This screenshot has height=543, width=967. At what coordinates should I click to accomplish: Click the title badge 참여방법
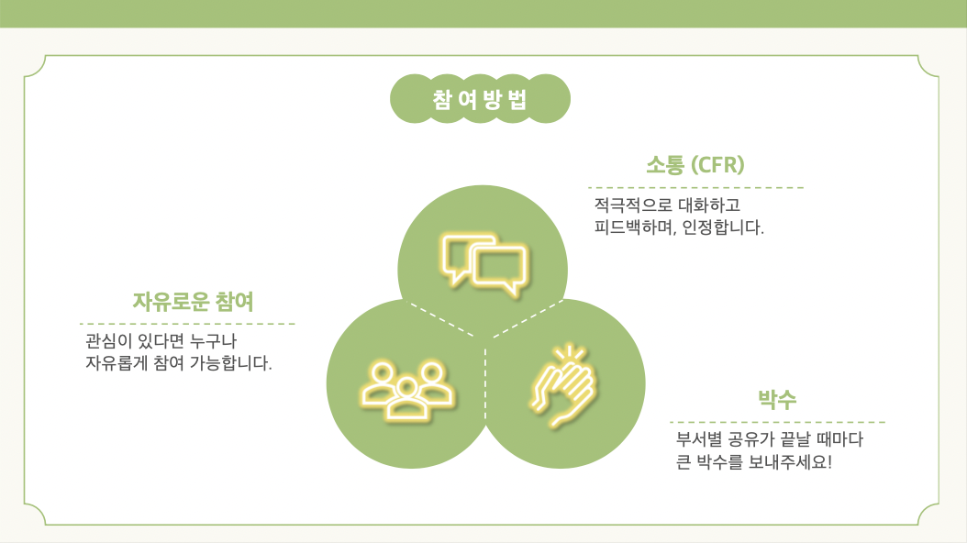(x=480, y=99)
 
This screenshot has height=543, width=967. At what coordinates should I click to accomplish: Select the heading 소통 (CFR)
(x=695, y=165)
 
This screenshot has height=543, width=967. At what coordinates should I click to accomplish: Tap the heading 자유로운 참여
(x=193, y=302)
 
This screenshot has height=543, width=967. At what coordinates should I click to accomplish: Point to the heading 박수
(x=777, y=399)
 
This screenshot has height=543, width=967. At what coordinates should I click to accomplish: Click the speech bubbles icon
(x=484, y=266)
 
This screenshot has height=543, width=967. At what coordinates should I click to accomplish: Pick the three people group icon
(x=407, y=391)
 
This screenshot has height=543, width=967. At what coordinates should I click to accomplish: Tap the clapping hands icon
(x=564, y=386)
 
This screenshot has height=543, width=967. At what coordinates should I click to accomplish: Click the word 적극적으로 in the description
(x=633, y=205)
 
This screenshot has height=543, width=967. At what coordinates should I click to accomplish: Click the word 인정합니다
(x=723, y=227)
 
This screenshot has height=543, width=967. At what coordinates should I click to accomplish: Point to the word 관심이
(x=109, y=341)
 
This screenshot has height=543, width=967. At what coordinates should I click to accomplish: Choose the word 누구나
(x=213, y=341)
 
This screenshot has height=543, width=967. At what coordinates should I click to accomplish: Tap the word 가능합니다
(x=230, y=363)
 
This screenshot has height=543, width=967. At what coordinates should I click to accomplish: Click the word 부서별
(x=699, y=439)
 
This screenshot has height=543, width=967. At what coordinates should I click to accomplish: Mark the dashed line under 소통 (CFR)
(x=695, y=187)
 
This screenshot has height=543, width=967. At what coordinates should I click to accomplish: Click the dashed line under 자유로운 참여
(x=187, y=323)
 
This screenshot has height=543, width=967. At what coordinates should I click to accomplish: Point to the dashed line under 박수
(x=778, y=422)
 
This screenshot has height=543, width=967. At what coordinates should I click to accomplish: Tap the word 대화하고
(x=709, y=205)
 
